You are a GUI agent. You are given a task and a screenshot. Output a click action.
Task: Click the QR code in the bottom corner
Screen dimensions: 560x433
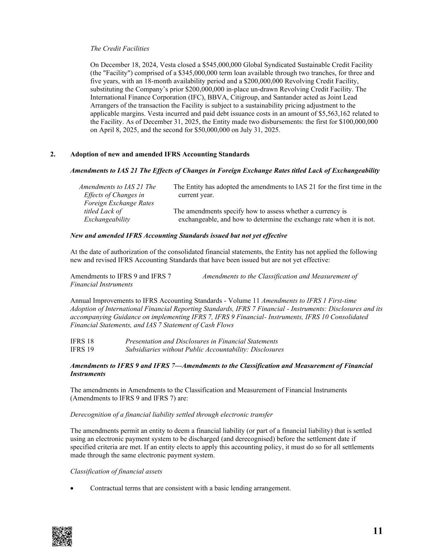pyautogui.click(x=62, y=536)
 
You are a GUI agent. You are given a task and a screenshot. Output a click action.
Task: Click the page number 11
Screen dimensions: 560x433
pyautogui.click(x=378, y=531)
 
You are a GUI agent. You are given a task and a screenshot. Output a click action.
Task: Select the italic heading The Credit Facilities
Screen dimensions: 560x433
pyautogui.click(x=119, y=48)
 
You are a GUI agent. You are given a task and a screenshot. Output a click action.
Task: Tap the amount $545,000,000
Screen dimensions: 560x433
pyautogui.click(x=222, y=65)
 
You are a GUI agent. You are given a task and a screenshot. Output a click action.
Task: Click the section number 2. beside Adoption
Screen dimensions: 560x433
pyautogui.click(x=53, y=154)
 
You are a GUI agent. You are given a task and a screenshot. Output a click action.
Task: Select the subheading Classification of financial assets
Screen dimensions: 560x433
pyautogui.click(x=116, y=471)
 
